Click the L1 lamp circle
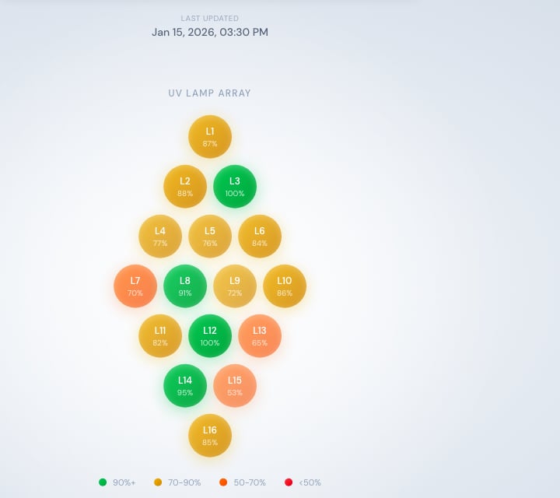[210, 136]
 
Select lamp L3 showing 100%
[235, 187]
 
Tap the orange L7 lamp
[135, 286]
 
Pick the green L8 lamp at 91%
[185, 286]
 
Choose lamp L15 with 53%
[235, 386]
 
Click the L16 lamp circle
[210, 436]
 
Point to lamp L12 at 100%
[210, 336]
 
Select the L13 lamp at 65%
[260, 336]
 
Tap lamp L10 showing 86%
[285, 286]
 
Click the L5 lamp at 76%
[210, 236]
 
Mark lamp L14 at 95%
[185, 386]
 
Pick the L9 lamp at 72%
[235, 286]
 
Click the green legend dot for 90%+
[103, 482]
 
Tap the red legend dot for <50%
[289, 482]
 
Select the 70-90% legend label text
[184, 482]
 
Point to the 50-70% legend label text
[250, 482]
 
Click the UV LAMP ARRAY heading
[210, 93]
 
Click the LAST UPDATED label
[210, 18]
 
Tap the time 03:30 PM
[243, 32]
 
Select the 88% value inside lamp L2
[185, 193]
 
